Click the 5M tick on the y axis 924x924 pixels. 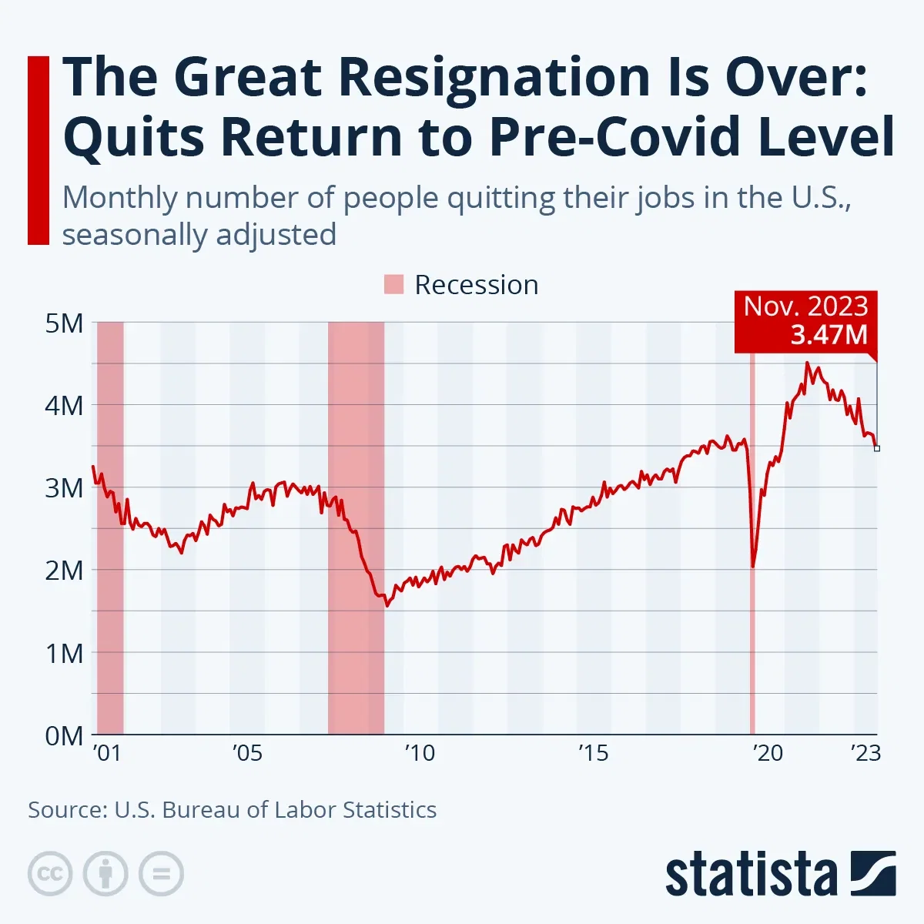64,323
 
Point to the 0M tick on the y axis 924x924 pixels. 64,735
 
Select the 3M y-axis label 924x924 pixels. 64,487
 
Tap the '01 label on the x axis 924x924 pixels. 107,752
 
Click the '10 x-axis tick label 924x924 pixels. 420,752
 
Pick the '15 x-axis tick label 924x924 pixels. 593,752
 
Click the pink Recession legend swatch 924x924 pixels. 393,284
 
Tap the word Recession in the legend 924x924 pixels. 476,285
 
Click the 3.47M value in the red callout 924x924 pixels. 829,335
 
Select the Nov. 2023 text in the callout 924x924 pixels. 805,306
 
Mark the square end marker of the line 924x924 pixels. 876,448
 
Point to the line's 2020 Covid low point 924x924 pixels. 752,567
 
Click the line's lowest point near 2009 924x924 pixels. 387,605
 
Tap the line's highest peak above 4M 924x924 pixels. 807,363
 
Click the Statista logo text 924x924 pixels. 751,875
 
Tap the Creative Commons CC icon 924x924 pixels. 50,874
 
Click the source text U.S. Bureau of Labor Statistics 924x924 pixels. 275,810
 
